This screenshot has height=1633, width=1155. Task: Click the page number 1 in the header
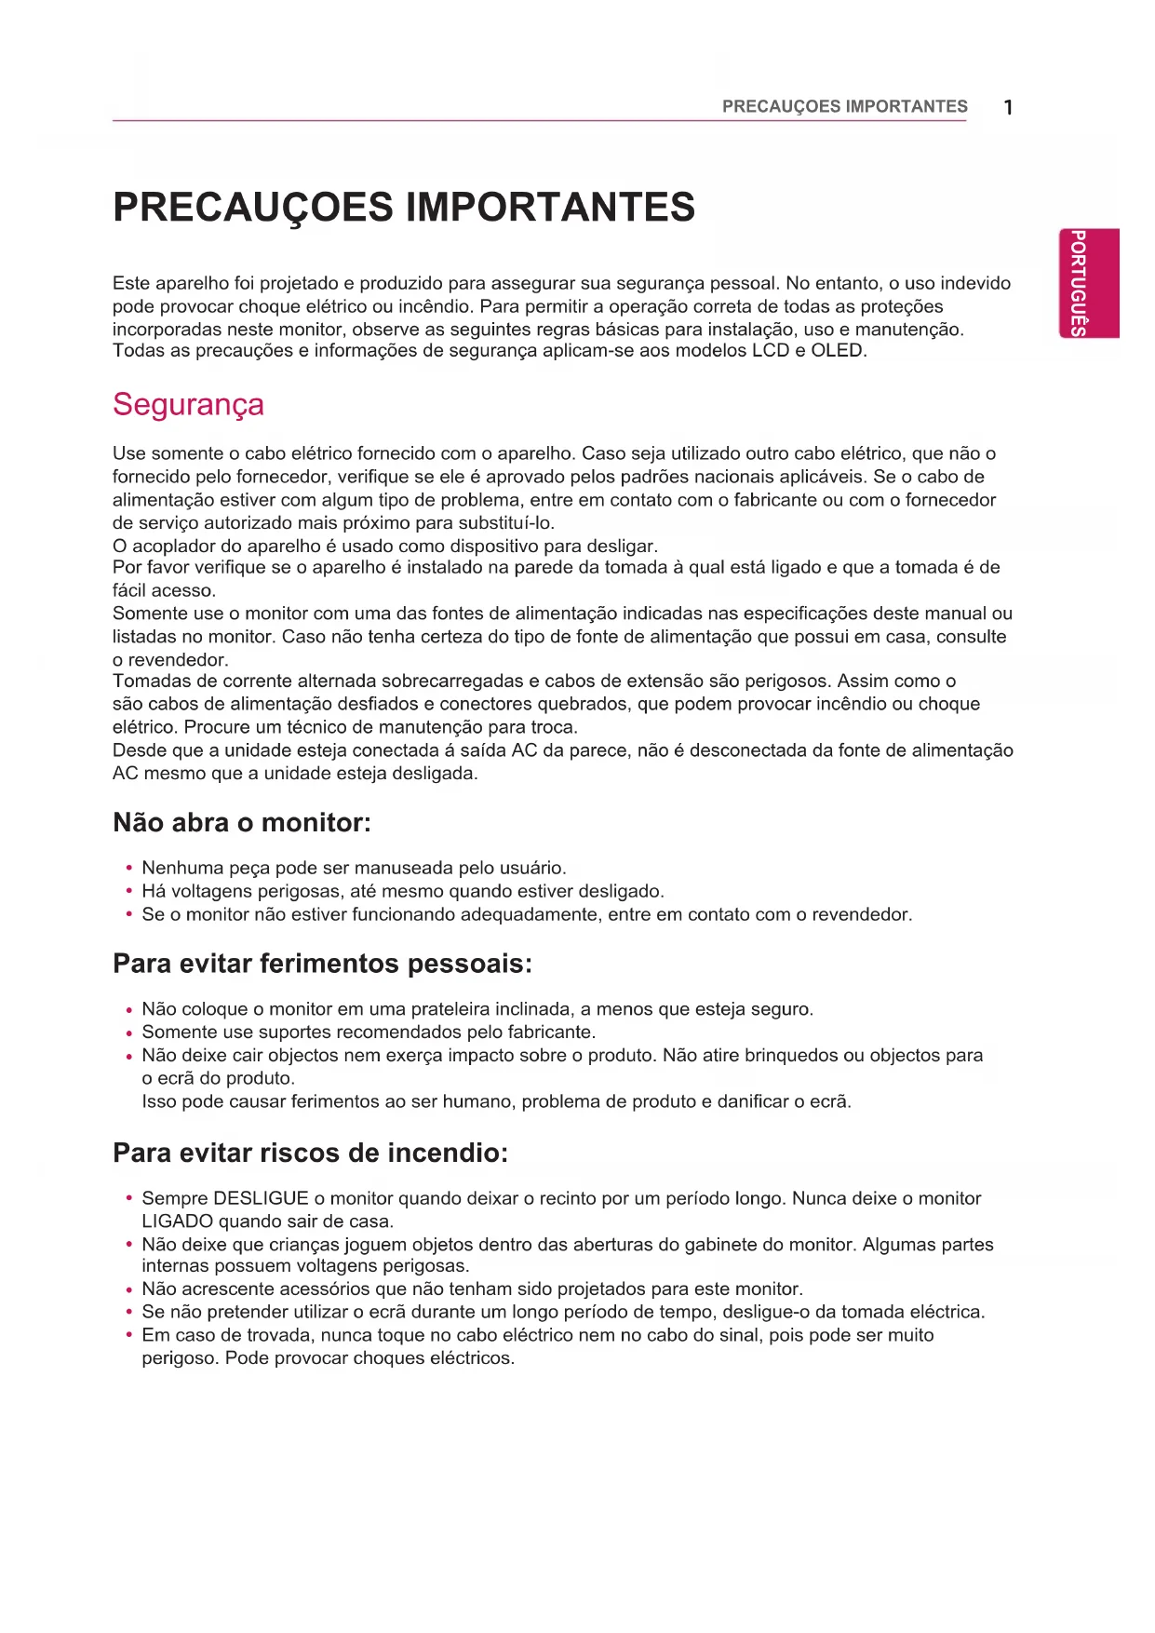click(1008, 108)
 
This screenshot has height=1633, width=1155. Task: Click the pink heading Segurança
click(188, 404)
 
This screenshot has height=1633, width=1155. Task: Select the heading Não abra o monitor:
click(242, 823)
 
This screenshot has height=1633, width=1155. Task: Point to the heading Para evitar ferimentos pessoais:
click(322, 964)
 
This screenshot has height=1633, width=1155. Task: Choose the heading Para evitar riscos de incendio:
click(310, 1154)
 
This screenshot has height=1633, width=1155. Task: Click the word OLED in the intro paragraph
click(837, 351)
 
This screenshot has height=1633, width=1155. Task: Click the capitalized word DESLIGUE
click(261, 1198)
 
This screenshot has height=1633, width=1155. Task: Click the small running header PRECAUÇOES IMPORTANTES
click(844, 107)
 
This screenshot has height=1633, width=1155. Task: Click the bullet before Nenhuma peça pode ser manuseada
click(128, 869)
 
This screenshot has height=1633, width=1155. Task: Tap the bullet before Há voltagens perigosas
click(128, 892)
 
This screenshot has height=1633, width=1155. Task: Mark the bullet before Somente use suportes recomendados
click(128, 1032)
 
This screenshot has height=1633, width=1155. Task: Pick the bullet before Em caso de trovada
click(128, 1336)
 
